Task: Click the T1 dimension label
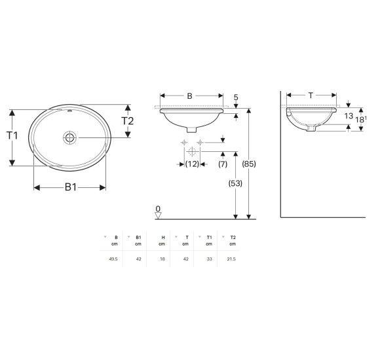(12, 135)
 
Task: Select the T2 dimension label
(127, 121)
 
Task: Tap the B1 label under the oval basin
(71, 187)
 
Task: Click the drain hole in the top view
(70, 137)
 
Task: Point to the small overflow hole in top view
(70, 111)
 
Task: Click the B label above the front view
(189, 96)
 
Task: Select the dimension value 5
(236, 98)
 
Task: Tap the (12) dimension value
(192, 164)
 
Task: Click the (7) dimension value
(223, 164)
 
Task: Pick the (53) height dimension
(235, 183)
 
